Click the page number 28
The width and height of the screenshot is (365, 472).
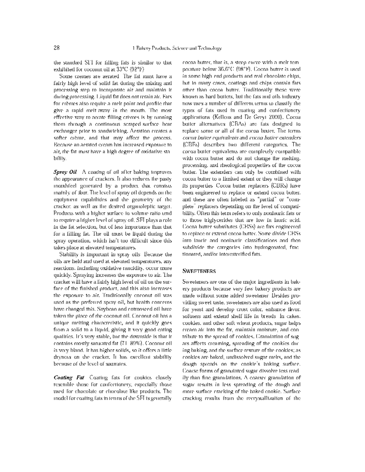(56, 48)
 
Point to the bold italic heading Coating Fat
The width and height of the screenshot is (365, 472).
(69, 378)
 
